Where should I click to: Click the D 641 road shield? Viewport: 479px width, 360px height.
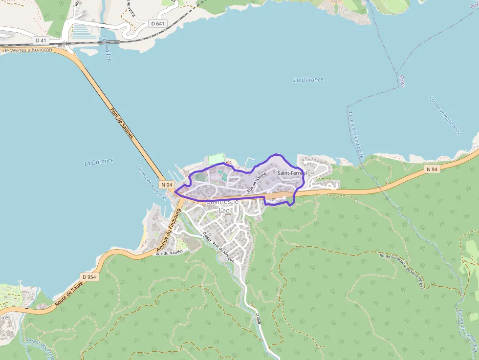158,23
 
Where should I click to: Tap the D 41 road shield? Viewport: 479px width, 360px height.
42,40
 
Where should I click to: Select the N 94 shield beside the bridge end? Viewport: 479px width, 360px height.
167,185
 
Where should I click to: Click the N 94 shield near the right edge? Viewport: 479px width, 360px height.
432,169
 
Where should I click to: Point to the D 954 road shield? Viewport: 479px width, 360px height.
89,277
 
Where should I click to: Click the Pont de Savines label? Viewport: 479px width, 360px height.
122,123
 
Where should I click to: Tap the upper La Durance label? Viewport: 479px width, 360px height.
308,80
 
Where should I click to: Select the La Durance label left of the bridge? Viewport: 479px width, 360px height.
99,161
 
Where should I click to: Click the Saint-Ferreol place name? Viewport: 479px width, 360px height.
292,173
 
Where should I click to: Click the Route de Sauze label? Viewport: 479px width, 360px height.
68,294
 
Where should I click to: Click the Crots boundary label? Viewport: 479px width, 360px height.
402,81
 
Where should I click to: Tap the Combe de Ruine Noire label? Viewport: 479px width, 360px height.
445,115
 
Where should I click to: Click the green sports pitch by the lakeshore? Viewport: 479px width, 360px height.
216,159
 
